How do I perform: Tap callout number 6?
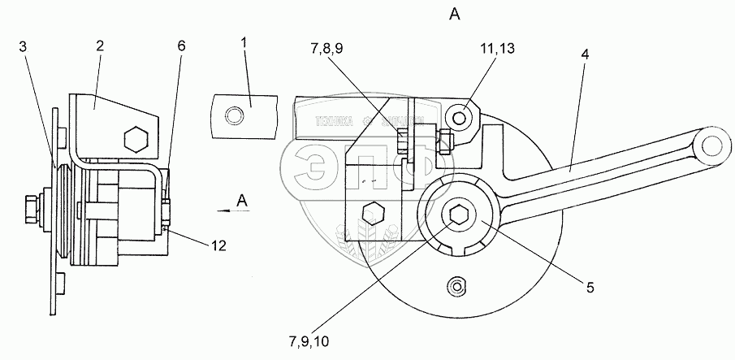[180, 46]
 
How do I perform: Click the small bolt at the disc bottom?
[457, 285]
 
